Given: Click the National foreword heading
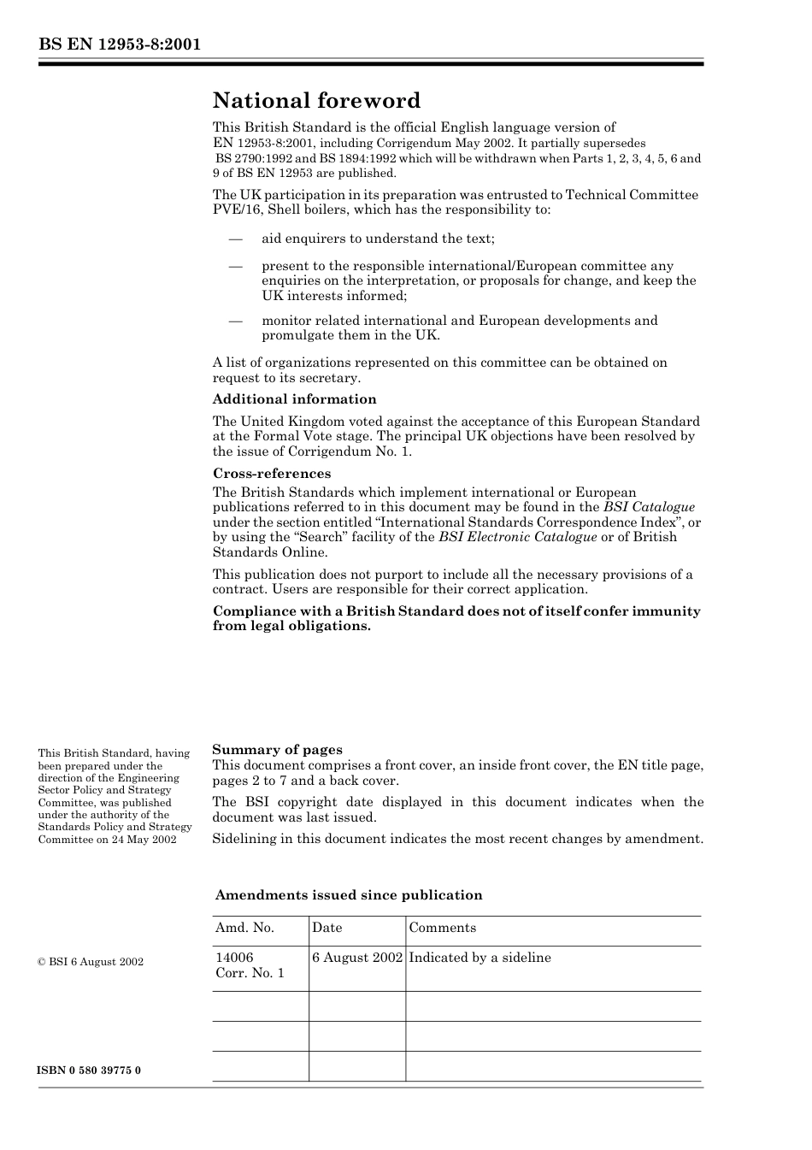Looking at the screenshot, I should tap(316, 101).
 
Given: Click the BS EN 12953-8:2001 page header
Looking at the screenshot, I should tap(119, 44).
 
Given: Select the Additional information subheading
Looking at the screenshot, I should tap(294, 399).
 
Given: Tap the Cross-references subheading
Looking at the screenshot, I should tap(272, 474).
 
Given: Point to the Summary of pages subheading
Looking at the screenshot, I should tap(277, 750).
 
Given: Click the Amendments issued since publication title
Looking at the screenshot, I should tap(349, 895).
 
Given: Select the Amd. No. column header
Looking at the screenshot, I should tap(244, 928).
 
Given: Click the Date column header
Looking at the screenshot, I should tap(327, 928).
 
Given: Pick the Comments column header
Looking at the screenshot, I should tap(442, 928).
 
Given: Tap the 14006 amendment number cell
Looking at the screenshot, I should tap(234, 958).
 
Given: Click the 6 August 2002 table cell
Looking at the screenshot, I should tap(356, 958).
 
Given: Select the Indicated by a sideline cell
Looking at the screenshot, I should tap(480, 958).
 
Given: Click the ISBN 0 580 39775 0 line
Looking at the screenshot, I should tap(90, 1070).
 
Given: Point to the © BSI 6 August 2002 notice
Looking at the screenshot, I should tap(91, 962).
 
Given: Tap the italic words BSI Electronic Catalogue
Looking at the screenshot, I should tap(517, 537).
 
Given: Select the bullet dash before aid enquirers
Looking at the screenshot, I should tap(236, 239).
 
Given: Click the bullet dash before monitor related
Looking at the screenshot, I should tap(236, 321).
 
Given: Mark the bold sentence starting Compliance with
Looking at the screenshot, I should tap(456, 618).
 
